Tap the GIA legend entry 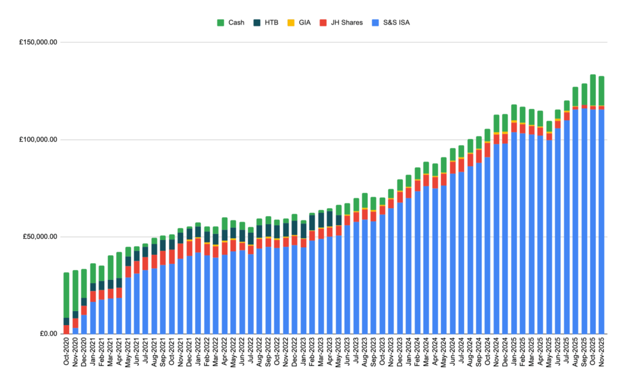[304, 23]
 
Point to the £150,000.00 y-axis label [39, 42]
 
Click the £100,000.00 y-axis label [39, 140]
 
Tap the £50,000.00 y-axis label [41, 237]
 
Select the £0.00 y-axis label [48, 334]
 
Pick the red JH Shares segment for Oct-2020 [66, 329]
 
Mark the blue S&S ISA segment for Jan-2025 [514, 233]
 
